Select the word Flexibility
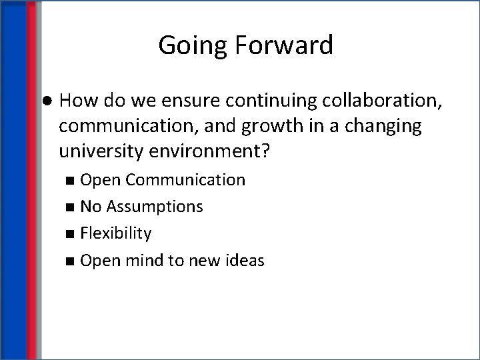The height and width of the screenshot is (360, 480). (116, 233)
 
